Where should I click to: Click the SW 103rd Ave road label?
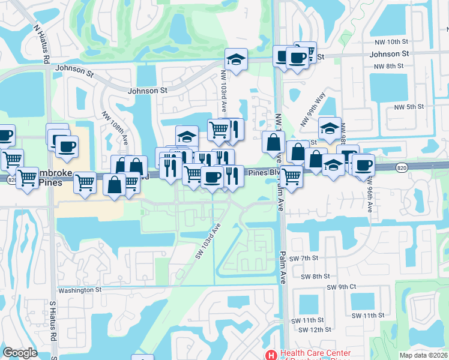208,242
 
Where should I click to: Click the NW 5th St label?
409,107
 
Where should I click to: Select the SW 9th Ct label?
342,287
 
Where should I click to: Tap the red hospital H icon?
272,355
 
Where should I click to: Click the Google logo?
20,353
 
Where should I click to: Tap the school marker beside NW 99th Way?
330,128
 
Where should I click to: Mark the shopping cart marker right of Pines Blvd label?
291,176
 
